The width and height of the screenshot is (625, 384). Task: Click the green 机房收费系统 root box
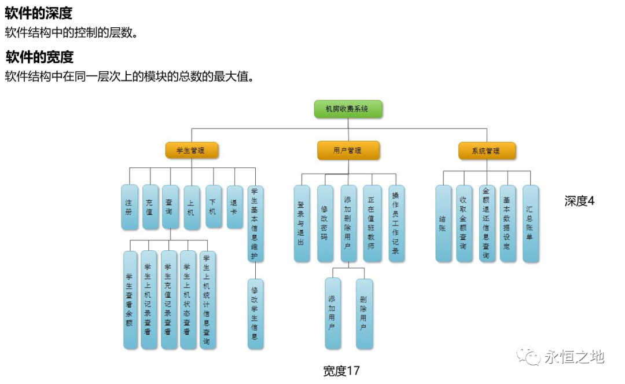pyautogui.click(x=348, y=109)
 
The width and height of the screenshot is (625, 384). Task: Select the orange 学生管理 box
pyautogui.click(x=192, y=151)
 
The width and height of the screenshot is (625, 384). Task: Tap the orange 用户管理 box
pyautogui.click(x=348, y=151)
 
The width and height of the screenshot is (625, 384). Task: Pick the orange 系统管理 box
pyautogui.click(x=487, y=151)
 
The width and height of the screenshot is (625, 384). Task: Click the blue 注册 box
pyautogui.click(x=129, y=207)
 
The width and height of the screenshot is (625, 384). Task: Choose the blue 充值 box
pyautogui.click(x=150, y=207)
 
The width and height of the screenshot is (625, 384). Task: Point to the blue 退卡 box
pyautogui.click(x=234, y=206)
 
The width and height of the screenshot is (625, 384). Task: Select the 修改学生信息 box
pyautogui.click(x=255, y=313)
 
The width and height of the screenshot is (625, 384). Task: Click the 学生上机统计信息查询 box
pyautogui.click(x=207, y=299)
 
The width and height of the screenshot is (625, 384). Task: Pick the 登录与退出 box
pyautogui.click(x=301, y=223)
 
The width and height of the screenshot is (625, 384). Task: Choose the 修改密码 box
pyautogui.click(x=325, y=223)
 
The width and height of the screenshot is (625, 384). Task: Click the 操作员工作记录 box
pyautogui.click(x=396, y=223)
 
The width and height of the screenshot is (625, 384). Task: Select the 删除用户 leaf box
pyautogui.click(x=364, y=313)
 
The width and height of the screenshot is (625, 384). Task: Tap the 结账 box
pyautogui.click(x=443, y=223)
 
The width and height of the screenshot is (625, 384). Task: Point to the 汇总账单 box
pyautogui.click(x=530, y=223)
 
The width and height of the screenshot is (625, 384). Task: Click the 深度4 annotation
pyautogui.click(x=579, y=201)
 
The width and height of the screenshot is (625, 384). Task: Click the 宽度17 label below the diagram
pyautogui.click(x=341, y=371)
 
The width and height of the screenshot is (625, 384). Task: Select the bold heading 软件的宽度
pyautogui.click(x=39, y=57)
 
